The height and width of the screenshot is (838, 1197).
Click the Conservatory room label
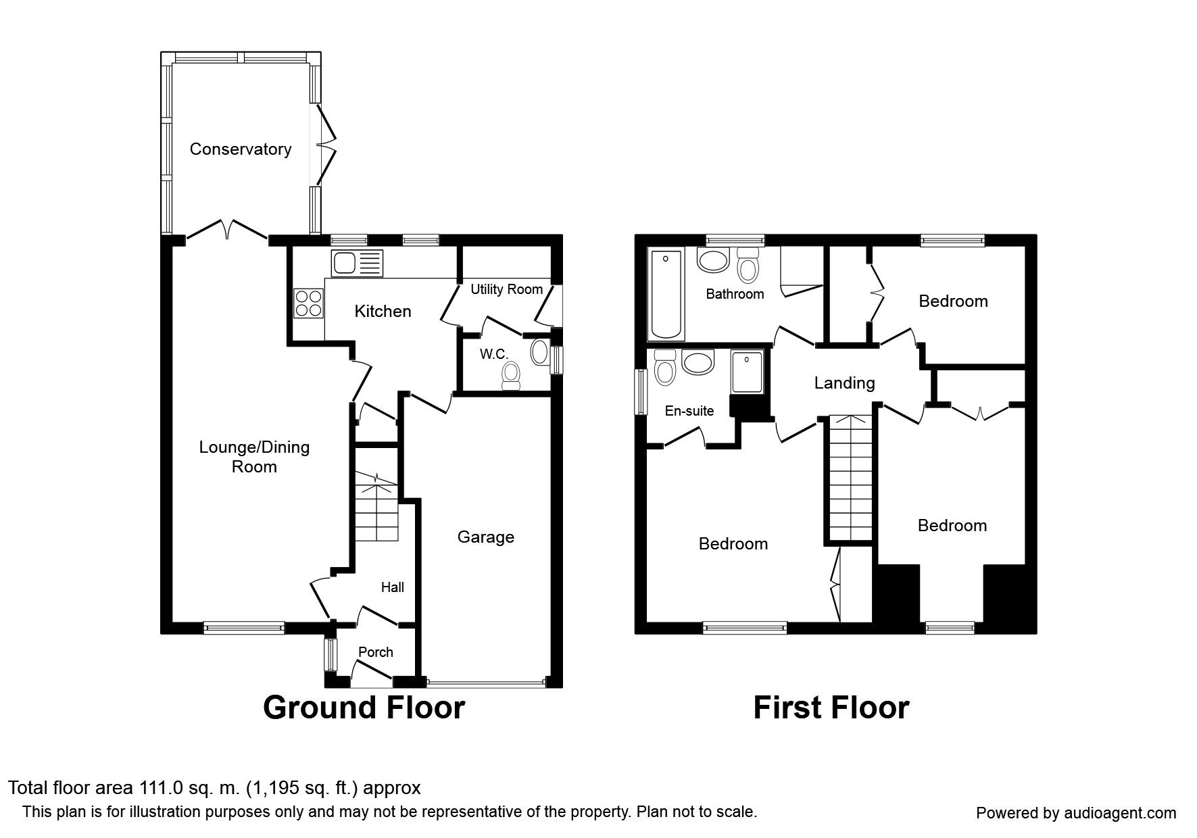[x=240, y=149]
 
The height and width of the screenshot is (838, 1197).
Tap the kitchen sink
[x=357, y=262]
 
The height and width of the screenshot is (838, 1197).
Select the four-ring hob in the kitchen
[x=308, y=302]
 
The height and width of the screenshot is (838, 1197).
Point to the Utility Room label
[x=506, y=289]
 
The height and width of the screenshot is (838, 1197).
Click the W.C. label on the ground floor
[x=493, y=353]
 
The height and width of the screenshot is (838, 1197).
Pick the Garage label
[x=485, y=537]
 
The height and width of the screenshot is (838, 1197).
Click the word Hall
[x=392, y=587]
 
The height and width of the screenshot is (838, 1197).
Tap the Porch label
[x=375, y=652]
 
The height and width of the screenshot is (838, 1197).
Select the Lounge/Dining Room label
[x=254, y=457]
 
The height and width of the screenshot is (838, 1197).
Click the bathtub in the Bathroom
[x=665, y=294]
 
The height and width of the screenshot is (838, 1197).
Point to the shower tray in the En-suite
[x=747, y=371]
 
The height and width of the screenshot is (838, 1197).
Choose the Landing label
[x=844, y=383]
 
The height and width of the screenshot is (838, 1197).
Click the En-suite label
[x=689, y=411]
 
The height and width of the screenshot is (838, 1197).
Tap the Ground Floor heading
[x=364, y=708]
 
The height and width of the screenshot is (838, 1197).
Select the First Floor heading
[x=831, y=708]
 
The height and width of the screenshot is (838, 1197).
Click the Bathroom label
[x=735, y=294]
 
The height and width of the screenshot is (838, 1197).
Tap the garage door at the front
[x=485, y=683]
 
